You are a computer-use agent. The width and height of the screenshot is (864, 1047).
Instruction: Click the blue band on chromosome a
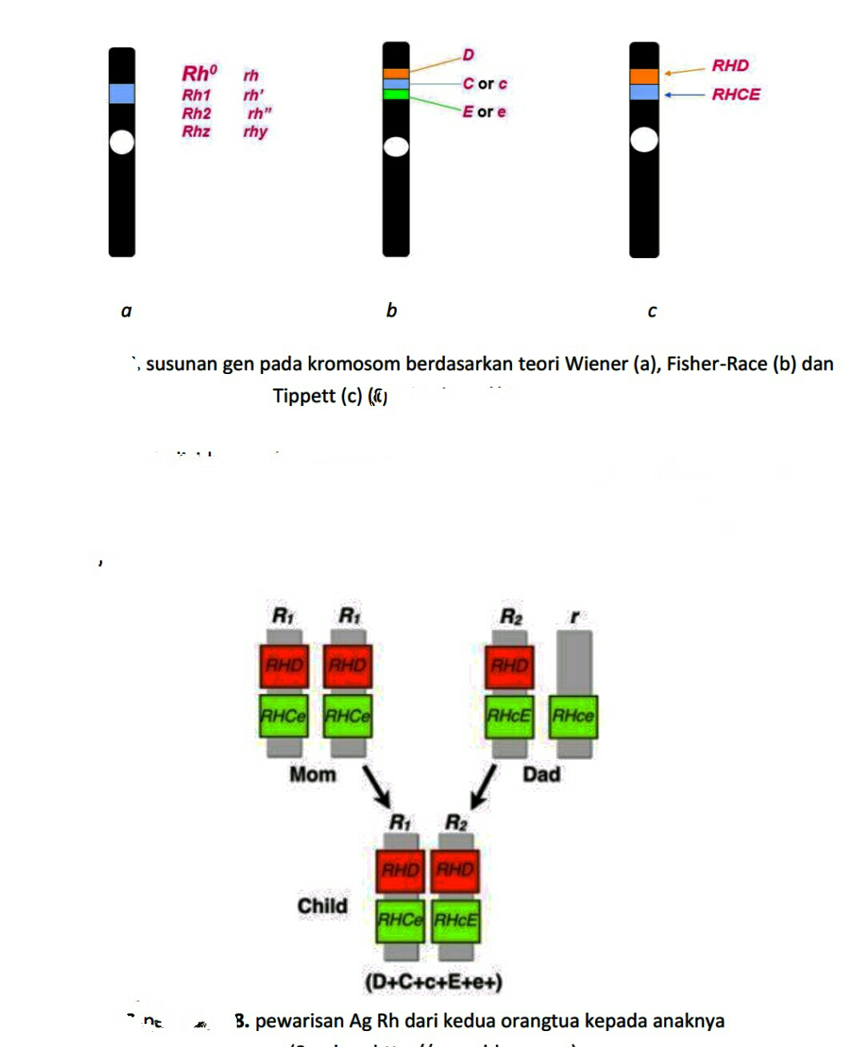122,94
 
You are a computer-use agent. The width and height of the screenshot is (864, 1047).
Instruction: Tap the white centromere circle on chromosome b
396,147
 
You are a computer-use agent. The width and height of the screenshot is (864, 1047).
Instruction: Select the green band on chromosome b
396,94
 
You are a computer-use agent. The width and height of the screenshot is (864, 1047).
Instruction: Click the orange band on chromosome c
644,77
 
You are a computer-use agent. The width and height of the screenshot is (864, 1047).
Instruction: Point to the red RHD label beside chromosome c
730,66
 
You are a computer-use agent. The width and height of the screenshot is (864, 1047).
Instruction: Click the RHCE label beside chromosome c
736,94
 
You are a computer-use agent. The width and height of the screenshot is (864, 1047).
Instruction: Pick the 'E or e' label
484,112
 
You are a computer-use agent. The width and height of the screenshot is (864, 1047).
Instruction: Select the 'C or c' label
485,84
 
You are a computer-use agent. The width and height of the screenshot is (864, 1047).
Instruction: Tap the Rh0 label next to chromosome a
199,74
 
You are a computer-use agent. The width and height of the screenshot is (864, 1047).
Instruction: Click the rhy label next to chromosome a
255,132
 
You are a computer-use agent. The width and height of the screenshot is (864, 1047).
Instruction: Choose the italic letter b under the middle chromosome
391,310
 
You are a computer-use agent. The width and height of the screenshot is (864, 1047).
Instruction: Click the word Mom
313,774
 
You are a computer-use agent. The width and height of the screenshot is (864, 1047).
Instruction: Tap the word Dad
542,774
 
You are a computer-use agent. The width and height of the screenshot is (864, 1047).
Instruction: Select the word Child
322,906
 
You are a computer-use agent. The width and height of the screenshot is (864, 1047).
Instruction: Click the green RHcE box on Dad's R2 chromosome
509,716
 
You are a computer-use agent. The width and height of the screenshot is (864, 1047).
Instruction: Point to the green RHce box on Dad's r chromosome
573,716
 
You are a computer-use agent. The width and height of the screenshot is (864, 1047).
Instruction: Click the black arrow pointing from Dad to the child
483,786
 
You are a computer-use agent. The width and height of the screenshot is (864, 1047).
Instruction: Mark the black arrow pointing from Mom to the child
376,786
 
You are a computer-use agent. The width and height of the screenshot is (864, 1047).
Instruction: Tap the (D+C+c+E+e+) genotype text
434,981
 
